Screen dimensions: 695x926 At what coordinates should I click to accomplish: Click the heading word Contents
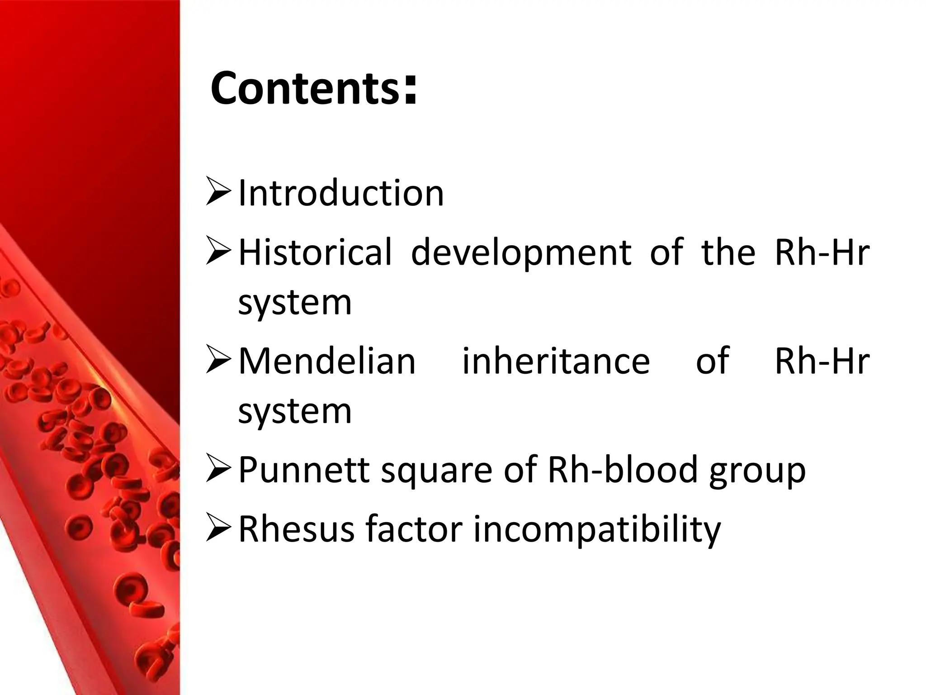pos(305,88)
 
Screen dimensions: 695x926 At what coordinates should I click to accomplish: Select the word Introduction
pos(341,193)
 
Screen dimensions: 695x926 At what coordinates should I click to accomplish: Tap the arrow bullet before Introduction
pos(218,191)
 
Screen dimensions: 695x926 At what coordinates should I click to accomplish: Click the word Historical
pos(315,252)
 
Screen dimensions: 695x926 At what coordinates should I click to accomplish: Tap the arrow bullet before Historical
pos(218,251)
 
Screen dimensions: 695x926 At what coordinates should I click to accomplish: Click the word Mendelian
pos(326,361)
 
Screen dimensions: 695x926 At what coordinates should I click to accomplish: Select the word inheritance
pos(556,361)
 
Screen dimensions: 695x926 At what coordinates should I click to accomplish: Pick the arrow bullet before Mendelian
pos(218,360)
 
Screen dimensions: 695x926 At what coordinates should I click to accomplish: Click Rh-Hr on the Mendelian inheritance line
pos(822,361)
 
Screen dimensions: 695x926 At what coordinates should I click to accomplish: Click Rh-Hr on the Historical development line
pos(822,252)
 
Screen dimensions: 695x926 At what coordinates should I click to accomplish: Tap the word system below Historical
pos(295,303)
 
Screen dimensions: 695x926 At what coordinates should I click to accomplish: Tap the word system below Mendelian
pos(295,412)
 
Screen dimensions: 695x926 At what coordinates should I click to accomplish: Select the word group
pos(757,472)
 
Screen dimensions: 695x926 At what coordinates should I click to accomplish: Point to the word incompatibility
pos(597,530)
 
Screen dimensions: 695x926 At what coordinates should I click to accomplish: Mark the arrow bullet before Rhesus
pos(218,528)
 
